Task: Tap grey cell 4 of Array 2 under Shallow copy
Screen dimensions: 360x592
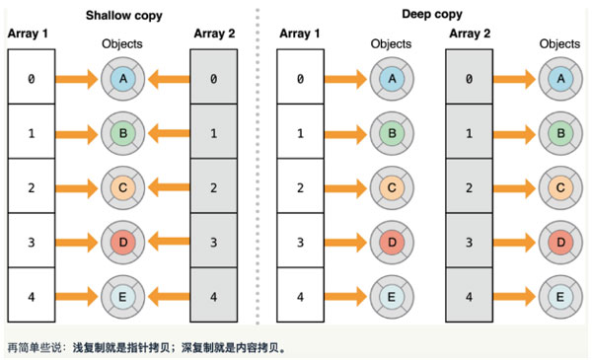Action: tap(213, 294)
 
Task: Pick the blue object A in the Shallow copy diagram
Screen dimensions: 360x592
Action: tap(122, 78)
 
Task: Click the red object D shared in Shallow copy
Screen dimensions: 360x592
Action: tap(122, 241)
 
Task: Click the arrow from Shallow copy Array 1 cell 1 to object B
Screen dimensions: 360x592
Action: tap(77, 132)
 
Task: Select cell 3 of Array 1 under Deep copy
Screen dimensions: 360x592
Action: tap(300, 241)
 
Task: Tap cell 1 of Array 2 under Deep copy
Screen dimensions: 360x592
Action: tap(470, 132)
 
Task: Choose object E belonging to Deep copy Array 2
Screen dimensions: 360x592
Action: tap(560, 294)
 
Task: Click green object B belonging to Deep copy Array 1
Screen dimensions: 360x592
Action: tap(391, 132)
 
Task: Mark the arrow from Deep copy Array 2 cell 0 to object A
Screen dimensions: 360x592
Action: tap(515, 78)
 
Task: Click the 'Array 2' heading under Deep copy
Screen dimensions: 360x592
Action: tap(470, 35)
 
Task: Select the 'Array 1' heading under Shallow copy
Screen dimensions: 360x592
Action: tap(31, 35)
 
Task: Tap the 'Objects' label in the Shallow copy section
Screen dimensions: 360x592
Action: tap(122, 44)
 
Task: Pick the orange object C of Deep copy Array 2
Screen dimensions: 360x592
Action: tap(560, 186)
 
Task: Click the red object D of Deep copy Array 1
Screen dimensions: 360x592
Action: tap(391, 241)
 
